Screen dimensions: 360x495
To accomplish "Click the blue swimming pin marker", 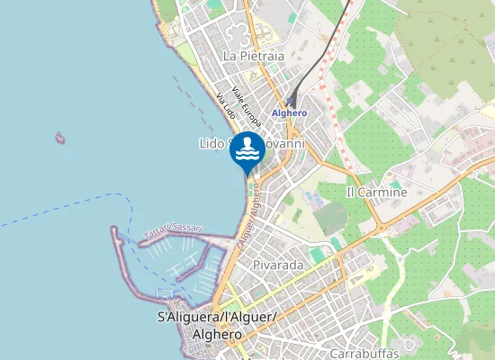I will (247, 153).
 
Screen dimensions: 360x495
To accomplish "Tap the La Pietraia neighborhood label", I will (253, 56).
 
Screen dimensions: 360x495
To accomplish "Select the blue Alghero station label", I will (289, 112).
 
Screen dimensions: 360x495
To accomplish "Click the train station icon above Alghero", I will (291, 102).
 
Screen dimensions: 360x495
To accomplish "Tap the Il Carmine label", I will (376, 193).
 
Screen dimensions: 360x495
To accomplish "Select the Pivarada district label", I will (277, 265).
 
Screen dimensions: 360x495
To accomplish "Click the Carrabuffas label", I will (364, 352).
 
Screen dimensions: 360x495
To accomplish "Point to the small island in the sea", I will (60, 138).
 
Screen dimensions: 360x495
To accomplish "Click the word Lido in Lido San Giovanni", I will (211, 144).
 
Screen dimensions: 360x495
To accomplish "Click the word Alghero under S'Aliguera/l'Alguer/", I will (217, 334).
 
